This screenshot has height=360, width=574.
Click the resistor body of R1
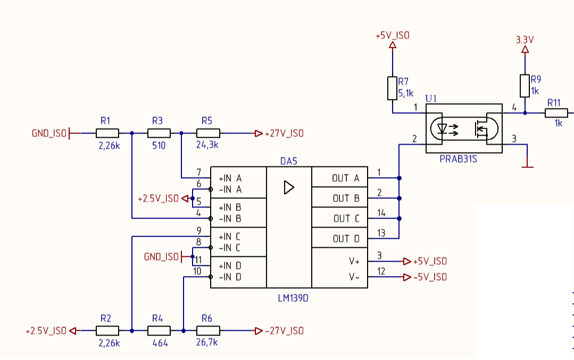coord(107,133)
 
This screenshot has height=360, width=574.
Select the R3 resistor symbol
coord(159,133)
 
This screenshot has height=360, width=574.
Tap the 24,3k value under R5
coord(207,145)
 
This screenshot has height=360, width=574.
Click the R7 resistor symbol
coord(392,88)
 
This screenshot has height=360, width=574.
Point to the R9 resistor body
coord(525,86)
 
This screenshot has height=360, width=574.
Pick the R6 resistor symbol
coord(209,331)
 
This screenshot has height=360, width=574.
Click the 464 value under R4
coord(160,343)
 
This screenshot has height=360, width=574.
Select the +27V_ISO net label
coord(285,133)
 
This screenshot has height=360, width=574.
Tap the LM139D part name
coord(293,298)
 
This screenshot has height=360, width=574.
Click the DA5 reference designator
coord(288,161)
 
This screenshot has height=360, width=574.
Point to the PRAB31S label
coord(459,159)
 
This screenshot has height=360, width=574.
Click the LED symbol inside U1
coord(442,129)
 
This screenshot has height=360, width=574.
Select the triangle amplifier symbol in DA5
coord(289,187)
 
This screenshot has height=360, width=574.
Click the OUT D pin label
coord(346,239)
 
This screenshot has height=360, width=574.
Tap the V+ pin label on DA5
coord(354,261)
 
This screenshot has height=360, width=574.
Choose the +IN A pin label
coord(230,178)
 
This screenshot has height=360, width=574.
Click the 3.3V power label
coord(525,39)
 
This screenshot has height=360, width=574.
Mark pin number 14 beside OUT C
coord(381,213)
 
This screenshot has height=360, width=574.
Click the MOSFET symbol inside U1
coord(481,129)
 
